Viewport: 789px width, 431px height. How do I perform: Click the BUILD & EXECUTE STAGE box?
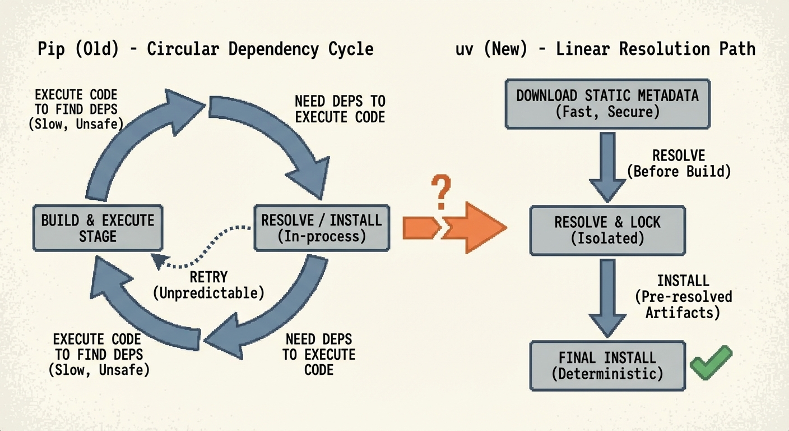98,227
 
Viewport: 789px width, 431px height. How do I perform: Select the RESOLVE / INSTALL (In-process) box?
322,227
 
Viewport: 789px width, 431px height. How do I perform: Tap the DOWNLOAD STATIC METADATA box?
607,103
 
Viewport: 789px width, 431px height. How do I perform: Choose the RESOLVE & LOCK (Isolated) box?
607,230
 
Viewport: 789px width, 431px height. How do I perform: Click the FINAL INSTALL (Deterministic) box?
607,365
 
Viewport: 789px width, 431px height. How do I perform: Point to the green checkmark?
711,363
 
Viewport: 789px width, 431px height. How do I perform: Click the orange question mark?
441,192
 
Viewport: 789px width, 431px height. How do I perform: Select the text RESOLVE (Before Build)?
679,163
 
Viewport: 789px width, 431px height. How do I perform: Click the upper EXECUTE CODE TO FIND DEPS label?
76,109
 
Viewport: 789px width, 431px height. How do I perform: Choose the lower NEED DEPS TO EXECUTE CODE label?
318,354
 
